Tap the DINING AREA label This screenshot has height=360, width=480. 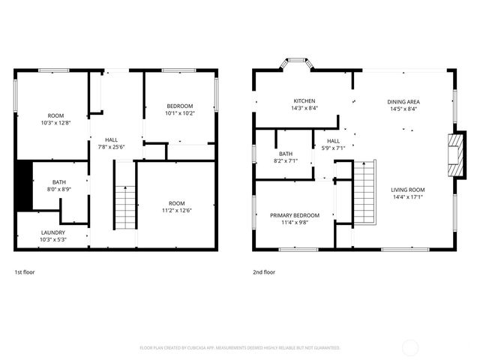coord(403,101)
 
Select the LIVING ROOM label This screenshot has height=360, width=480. coord(407,190)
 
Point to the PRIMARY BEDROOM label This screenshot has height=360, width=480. coord(295,215)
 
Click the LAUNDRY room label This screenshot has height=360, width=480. coord(52,232)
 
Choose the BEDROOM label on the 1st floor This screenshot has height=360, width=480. coord(180,106)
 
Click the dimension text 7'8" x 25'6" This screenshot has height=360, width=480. coord(111,147)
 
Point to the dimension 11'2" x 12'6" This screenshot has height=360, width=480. coord(176,211)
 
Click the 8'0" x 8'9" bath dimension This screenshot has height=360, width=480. coord(59,190)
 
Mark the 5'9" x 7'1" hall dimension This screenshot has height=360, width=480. coord(332,148)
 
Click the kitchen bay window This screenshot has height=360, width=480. coord(296,64)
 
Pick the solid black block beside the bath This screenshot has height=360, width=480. coord(24,186)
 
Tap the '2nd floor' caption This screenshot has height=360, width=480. coord(264,272)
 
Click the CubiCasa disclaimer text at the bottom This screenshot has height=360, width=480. coord(240,348)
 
